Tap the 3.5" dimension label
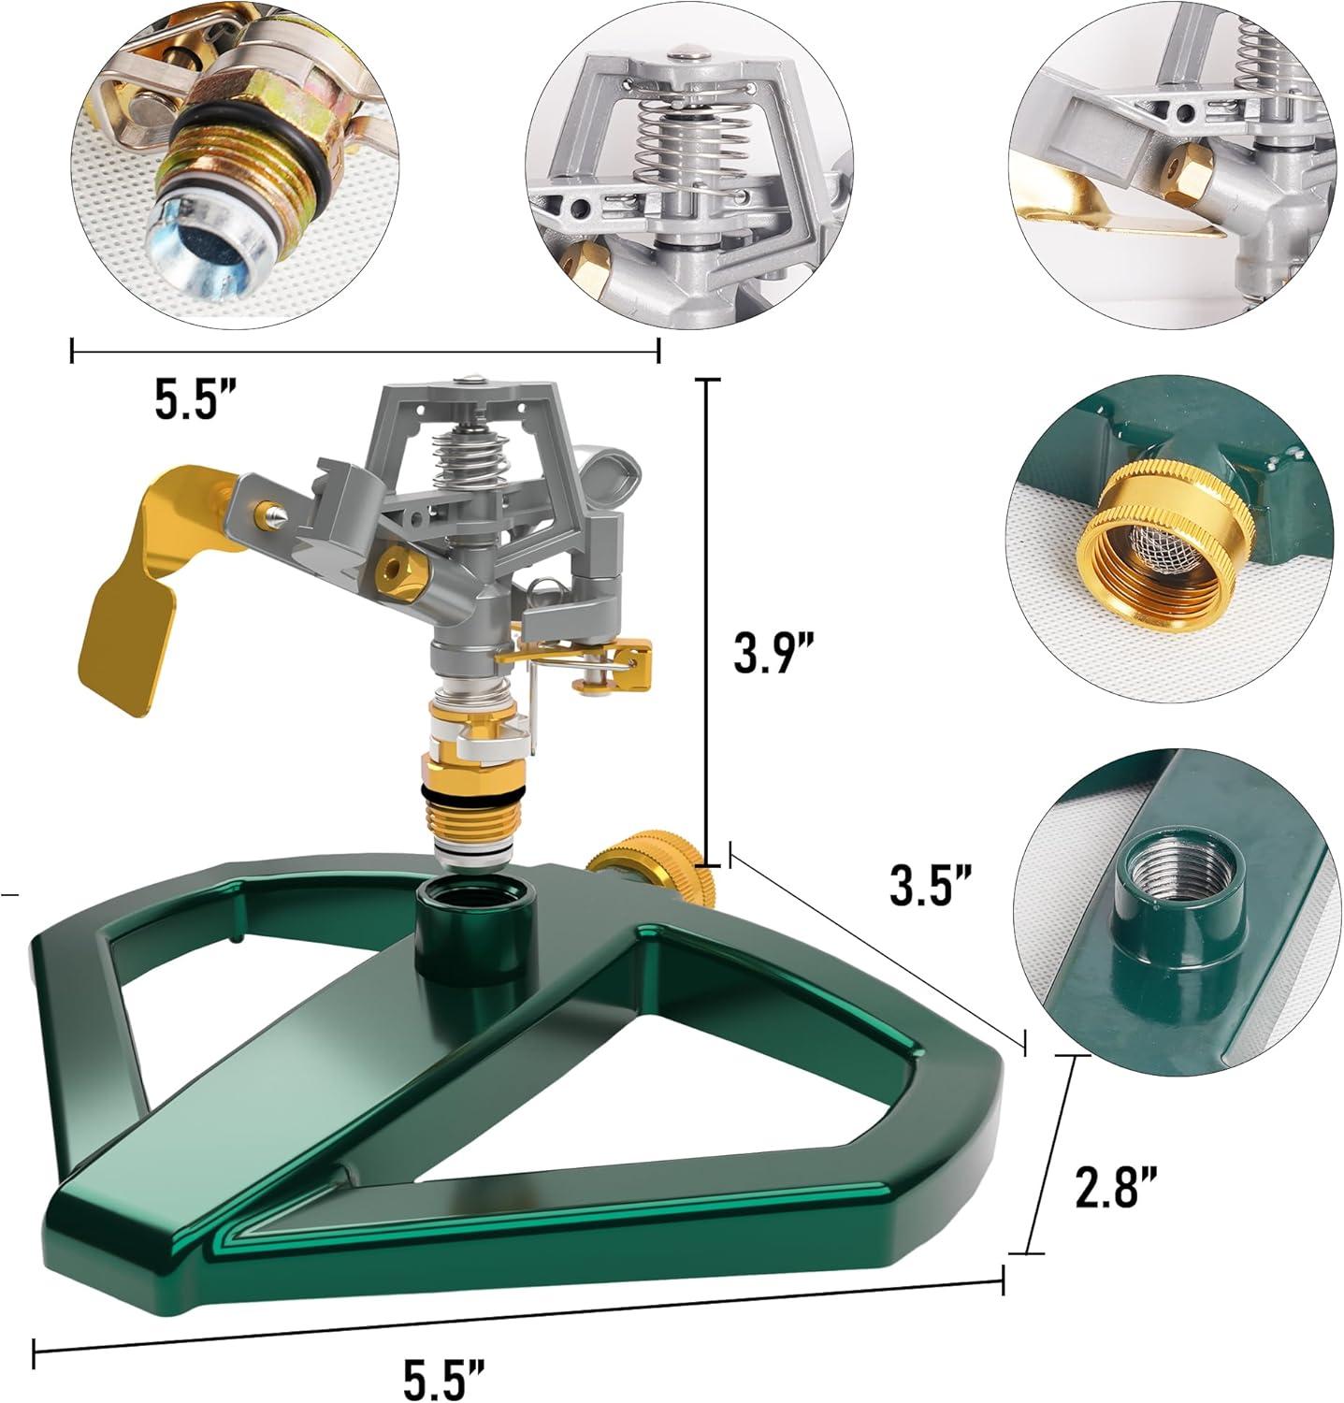932,885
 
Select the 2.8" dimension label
1116,1187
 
